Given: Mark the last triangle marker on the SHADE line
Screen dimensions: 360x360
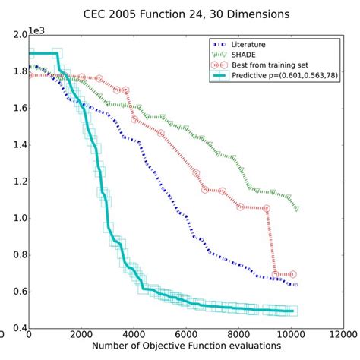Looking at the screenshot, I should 295,207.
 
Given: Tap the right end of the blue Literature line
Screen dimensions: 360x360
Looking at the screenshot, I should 295,285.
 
